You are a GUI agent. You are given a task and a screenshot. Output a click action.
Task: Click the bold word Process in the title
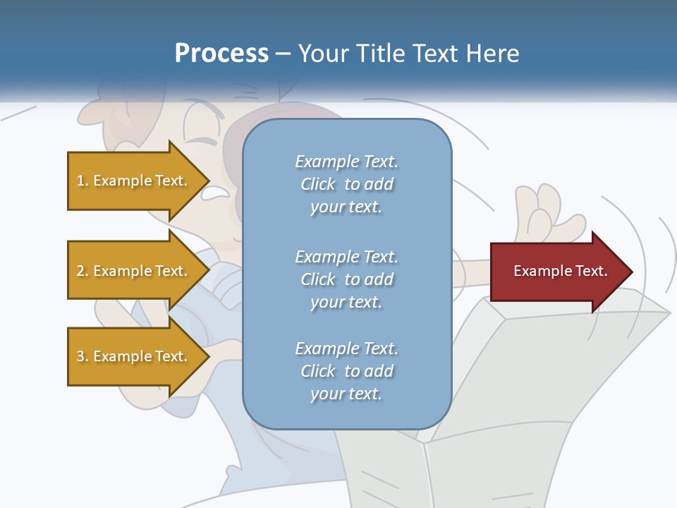coord(221,54)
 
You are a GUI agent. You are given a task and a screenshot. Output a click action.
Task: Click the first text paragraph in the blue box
coord(346,184)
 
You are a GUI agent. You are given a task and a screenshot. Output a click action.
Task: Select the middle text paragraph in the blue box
coord(346,279)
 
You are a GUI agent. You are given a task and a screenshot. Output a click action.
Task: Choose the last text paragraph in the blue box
coord(346,371)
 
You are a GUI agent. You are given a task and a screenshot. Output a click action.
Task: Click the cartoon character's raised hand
coord(547,215)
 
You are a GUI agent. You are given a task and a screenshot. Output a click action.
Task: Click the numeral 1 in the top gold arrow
coord(80,181)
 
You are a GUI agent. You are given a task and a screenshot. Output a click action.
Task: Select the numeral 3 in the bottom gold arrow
coord(80,356)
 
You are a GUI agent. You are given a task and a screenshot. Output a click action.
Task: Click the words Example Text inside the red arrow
coord(560,271)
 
